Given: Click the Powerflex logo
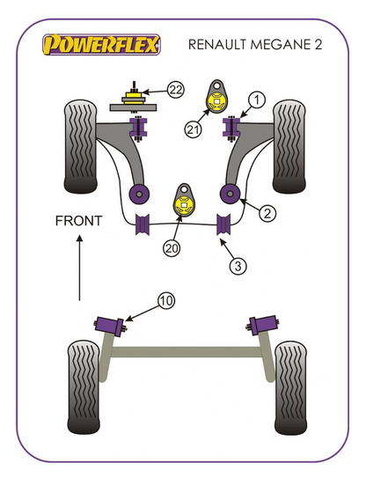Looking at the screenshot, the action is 101,45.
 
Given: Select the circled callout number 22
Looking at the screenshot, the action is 176,90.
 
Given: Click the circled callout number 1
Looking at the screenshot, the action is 257,100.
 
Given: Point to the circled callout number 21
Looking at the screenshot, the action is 193,130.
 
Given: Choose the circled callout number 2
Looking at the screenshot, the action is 267,213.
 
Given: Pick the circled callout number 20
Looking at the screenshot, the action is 172,248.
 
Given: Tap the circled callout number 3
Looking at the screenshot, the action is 238,266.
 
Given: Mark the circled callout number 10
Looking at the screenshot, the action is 166,301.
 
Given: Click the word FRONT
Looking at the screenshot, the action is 78,221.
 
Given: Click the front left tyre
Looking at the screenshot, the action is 80,146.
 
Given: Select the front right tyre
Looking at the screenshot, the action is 289,146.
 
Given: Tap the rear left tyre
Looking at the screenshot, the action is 84,387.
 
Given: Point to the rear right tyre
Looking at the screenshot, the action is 290,387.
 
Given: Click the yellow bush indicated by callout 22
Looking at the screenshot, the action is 134,97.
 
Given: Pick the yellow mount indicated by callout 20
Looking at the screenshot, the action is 184,204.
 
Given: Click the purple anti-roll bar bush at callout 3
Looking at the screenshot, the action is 223,224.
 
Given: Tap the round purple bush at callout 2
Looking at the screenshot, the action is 231,194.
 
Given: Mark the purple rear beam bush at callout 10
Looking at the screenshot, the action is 109,327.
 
